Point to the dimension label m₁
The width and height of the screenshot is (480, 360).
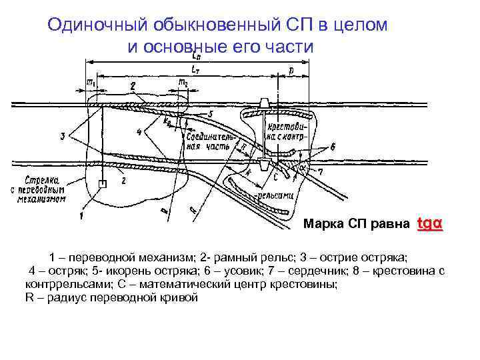[x=91, y=81]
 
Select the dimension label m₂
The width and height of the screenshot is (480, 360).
[x=181, y=81]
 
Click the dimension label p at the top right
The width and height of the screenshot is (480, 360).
[x=291, y=69]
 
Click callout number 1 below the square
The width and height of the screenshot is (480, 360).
[x=81, y=215]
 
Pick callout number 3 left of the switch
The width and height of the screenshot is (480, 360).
[x=63, y=137]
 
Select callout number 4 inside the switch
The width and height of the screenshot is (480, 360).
[x=139, y=132]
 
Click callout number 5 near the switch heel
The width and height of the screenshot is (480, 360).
[x=210, y=115]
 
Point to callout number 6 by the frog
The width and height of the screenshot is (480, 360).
[x=333, y=146]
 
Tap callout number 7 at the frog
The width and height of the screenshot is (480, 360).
[x=338, y=172]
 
